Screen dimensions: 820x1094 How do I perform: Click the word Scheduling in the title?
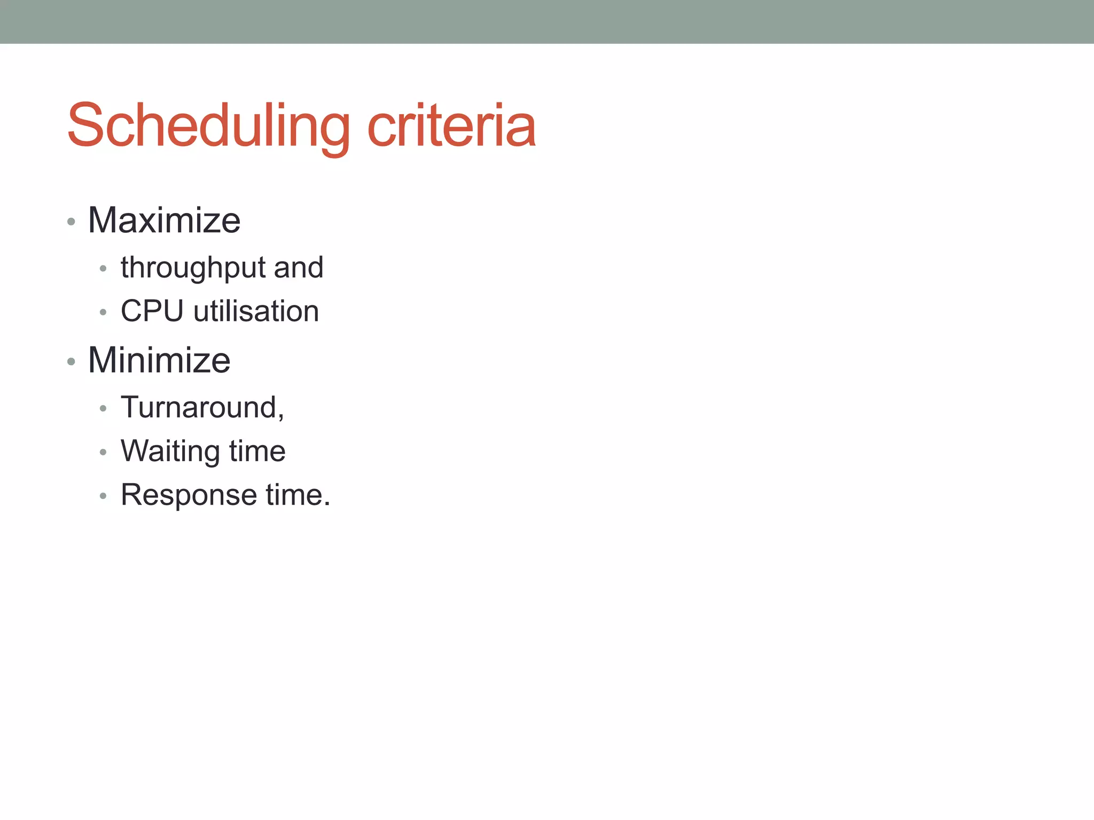208,126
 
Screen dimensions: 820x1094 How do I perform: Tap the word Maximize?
164,220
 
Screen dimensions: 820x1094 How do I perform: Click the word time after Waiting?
257,451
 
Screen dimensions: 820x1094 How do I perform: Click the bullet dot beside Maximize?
71,222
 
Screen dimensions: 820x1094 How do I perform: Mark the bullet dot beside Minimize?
71,362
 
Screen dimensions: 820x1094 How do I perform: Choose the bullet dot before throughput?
103,269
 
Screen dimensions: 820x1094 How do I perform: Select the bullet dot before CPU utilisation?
103,312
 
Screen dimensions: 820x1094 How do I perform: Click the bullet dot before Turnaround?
103,409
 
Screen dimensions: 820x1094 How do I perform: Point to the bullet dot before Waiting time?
103,453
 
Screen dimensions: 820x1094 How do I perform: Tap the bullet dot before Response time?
103,496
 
